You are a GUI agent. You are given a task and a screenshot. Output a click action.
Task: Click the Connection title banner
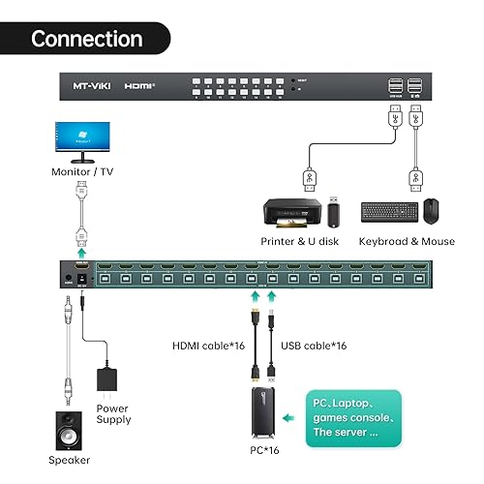(86, 39)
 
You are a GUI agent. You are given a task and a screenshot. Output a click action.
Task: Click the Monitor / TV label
(81, 172)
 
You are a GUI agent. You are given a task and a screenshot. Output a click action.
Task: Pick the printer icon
(292, 211)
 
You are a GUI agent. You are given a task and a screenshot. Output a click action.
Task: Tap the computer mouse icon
(431, 211)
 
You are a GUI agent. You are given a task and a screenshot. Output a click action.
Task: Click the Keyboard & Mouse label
(406, 241)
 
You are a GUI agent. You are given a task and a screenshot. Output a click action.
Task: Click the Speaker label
(71, 463)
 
